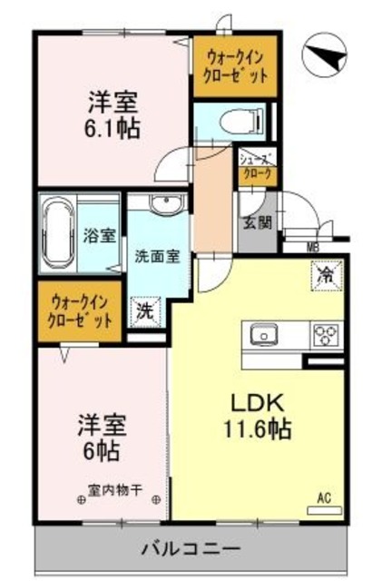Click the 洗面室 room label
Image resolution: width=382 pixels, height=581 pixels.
pyautogui.click(x=158, y=255)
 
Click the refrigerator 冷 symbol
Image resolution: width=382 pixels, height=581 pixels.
pyautogui.click(x=323, y=272)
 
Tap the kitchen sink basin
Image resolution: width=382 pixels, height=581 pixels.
pyautogui.click(x=264, y=335)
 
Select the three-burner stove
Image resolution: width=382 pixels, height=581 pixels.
pyautogui.click(x=326, y=335)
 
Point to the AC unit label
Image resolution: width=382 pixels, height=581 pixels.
pyautogui.click(x=323, y=497)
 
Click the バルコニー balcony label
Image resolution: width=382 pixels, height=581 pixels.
pyautogui.click(x=191, y=548)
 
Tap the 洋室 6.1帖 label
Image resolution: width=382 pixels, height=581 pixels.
pyautogui.click(x=113, y=114)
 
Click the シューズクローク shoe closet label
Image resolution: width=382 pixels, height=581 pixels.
pyautogui.click(x=255, y=165)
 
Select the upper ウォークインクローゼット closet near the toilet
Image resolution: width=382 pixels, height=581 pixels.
pyautogui.click(x=235, y=65)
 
